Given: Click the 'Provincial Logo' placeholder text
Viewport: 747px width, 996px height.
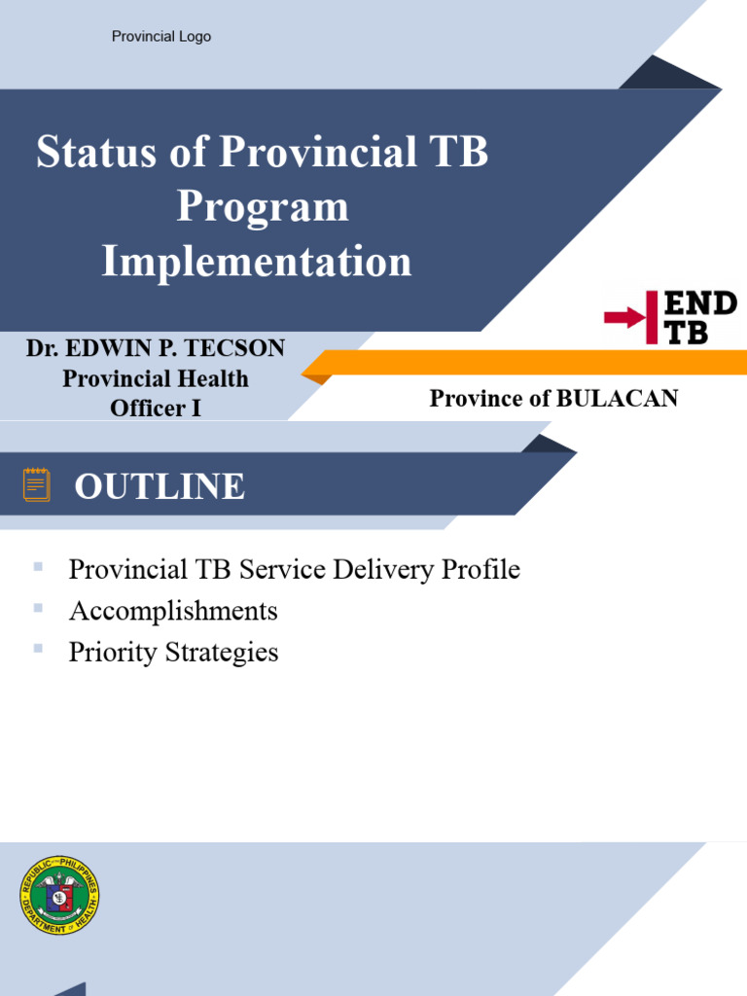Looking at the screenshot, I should pyautogui.click(x=161, y=37).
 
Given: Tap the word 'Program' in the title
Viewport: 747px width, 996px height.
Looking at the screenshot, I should pyautogui.click(x=263, y=206).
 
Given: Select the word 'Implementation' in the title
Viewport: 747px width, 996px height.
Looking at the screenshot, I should pyautogui.click(x=257, y=262).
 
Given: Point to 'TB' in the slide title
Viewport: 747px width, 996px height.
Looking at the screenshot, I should pyautogui.click(x=457, y=153).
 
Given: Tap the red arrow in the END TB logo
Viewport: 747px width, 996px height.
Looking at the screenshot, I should pyautogui.click(x=625, y=317).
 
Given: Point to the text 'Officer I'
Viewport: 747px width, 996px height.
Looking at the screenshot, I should pyautogui.click(x=156, y=409).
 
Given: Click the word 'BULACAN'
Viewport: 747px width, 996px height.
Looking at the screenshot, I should pyautogui.click(x=617, y=398).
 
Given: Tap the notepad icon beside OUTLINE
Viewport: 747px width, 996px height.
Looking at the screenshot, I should pyautogui.click(x=37, y=484).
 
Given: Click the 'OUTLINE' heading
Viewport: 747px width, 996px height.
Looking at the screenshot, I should pyautogui.click(x=160, y=486).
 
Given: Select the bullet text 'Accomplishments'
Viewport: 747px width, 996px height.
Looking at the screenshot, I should pyautogui.click(x=173, y=611).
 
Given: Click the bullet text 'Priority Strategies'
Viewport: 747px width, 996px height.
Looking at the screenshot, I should pyautogui.click(x=173, y=652).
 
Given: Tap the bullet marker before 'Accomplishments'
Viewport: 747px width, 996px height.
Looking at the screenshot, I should pyautogui.click(x=38, y=607).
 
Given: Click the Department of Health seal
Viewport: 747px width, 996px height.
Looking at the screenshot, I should pyautogui.click(x=59, y=896).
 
